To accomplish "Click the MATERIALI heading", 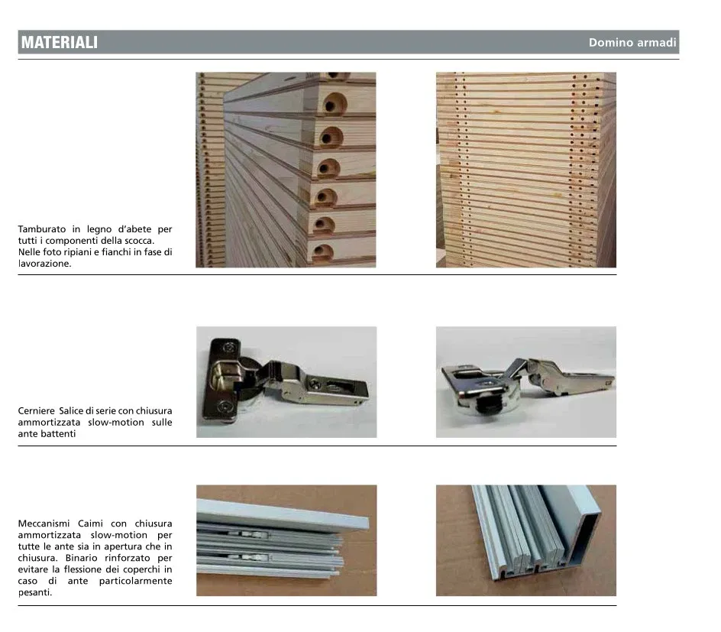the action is coord(60,42).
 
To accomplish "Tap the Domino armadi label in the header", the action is coord(632,42).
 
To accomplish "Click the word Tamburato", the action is coord(42,229).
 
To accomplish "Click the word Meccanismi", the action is coord(44,523).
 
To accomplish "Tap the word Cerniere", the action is coord(36,410).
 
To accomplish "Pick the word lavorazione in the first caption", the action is coord(44,264).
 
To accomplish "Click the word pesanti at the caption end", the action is coord(35,592).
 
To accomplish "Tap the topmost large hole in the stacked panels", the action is coord(334,103).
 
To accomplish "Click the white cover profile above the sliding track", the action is coord(283,514).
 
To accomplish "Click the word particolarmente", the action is coord(136,581).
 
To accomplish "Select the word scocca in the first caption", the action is coord(139,241).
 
